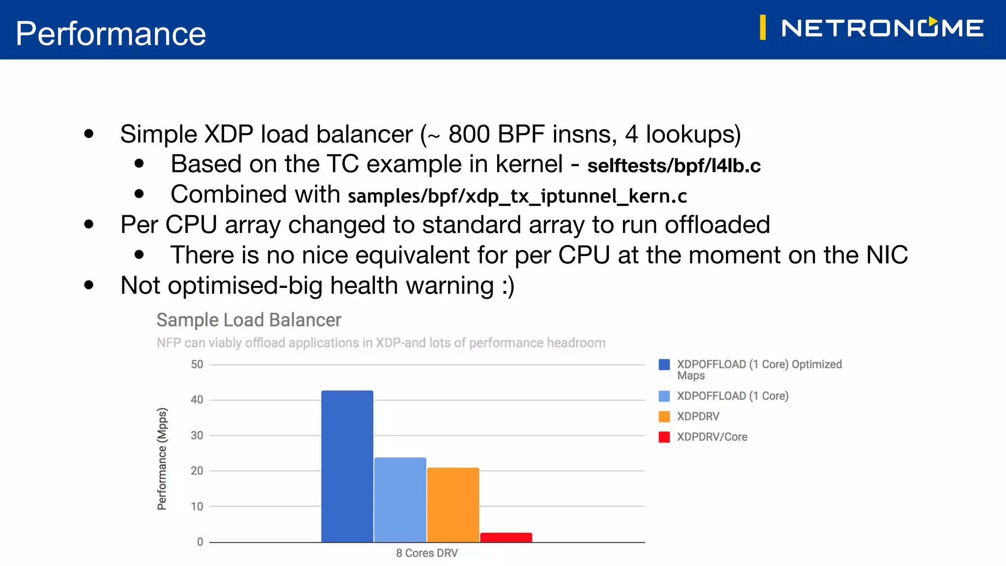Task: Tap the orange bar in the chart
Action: (453, 505)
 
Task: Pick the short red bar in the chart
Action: (506, 537)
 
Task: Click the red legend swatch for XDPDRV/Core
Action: (664, 437)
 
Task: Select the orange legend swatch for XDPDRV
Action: (664, 416)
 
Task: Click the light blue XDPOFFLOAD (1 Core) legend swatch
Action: (664, 396)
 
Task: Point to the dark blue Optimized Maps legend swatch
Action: (664, 365)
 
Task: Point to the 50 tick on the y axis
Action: (197, 365)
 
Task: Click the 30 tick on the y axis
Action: (197, 435)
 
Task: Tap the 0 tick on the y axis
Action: (200, 542)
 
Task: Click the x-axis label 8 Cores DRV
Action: (427, 553)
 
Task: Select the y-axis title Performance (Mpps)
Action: (162, 459)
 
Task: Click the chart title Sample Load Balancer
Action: (249, 320)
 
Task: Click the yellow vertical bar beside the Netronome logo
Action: (762, 28)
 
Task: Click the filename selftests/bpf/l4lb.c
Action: (674, 166)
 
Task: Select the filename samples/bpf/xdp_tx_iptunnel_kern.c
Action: (517, 196)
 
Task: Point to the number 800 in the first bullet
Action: (469, 134)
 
